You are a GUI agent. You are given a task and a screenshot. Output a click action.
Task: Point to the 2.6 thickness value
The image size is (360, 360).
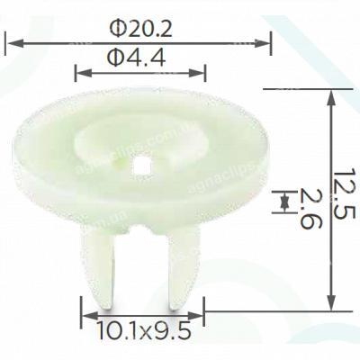pos(310,210)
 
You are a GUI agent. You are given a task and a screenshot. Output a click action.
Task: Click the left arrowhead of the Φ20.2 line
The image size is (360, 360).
pos(11,40)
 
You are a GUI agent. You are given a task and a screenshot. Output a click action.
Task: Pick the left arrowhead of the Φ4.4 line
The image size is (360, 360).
pos(82,71)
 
